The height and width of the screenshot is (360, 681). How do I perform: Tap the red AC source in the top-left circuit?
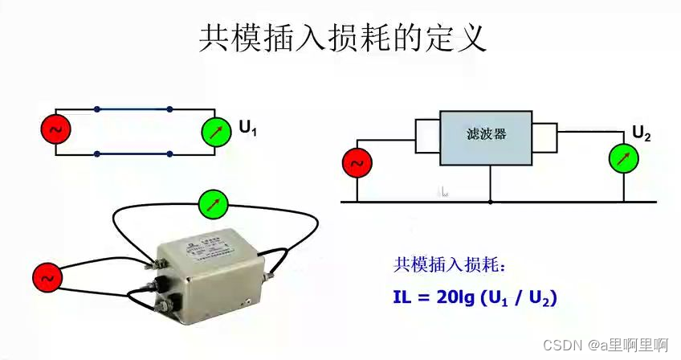pyautogui.click(x=56, y=129)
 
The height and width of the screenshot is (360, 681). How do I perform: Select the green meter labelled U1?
pyautogui.click(x=215, y=130)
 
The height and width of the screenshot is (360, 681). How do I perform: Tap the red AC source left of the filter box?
pyautogui.click(x=357, y=163)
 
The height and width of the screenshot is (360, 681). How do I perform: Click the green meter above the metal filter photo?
pyautogui.click(x=213, y=204)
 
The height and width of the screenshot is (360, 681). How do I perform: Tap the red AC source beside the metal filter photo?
pyautogui.click(x=47, y=278)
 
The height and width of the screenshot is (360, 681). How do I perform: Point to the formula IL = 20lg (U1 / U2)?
pyautogui.click(x=475, y=298)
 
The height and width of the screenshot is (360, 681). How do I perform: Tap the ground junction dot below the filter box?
pyautogui.click(x=490, y=201)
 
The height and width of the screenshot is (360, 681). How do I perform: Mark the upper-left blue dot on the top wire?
pyautogui.click(x=97, y=108)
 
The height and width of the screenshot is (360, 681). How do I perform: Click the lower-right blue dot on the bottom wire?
pyautogui.click(x=169, y=153)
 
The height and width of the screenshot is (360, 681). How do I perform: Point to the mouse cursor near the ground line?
pyautogui.click(x=443, y=192)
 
